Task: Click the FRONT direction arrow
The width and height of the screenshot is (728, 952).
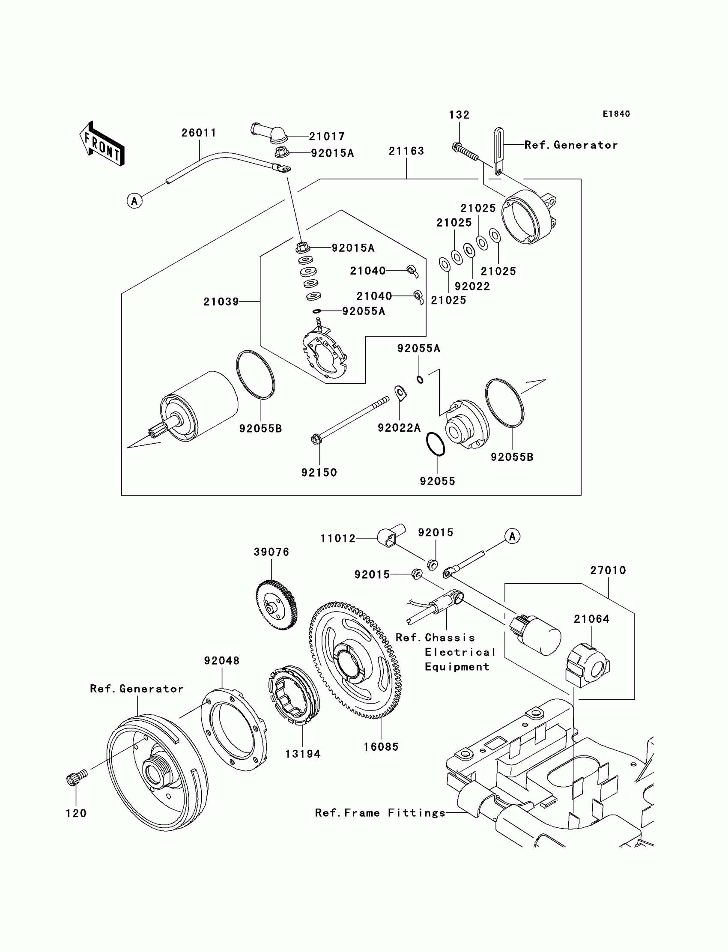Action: (102, 144)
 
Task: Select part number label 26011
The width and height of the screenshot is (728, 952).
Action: (199, 133)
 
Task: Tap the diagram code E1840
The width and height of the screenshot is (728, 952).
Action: (616, 114)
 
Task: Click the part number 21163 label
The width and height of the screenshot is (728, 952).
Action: (406, 151)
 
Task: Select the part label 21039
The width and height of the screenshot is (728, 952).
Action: (221, 301)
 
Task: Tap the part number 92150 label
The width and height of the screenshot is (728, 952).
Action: (319, 473)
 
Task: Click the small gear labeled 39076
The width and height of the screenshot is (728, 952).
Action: (277, 606)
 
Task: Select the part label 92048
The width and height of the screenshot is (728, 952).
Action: (222, 661)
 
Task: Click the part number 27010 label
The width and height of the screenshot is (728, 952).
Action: (608, 571)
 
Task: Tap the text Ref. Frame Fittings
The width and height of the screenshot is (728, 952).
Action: (380, 813)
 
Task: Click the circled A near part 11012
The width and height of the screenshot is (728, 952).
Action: (512, 537)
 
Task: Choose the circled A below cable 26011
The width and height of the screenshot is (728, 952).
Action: (134, 201)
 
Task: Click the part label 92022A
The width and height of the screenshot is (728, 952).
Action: (399, 428)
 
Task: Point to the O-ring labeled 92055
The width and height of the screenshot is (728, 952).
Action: (436, 444)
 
